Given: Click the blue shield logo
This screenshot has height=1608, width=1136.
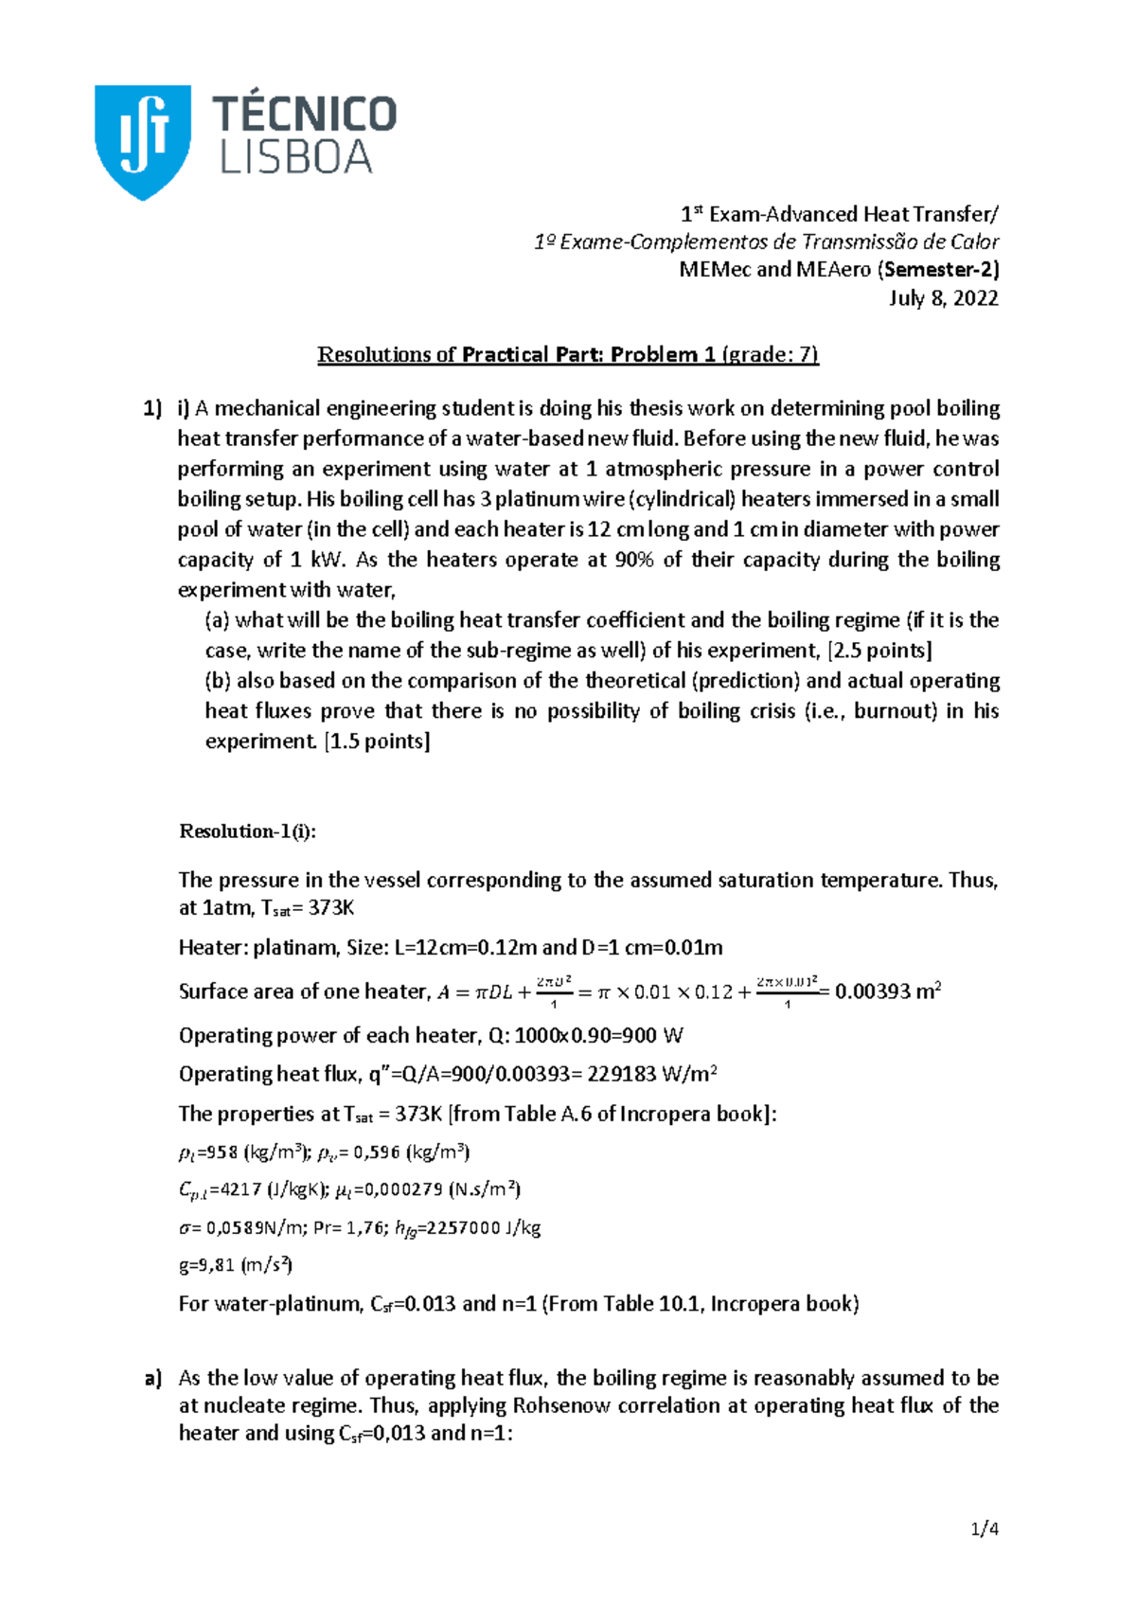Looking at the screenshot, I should [x=143, y=140].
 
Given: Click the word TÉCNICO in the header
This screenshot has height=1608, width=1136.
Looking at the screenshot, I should [x=304, y=114].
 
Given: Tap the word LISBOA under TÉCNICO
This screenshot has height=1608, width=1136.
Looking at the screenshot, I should [x=295, y=157].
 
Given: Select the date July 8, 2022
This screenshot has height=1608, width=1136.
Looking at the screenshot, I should [x=943, y=298].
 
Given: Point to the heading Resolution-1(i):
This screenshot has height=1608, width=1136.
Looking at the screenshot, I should [x=247, y=831].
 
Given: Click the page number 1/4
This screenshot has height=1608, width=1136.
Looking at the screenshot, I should [x=985, y=1528].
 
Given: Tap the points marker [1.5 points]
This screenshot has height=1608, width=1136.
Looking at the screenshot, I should [x=377, y=741].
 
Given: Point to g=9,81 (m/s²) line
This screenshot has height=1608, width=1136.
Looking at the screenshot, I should [x=236, y=1265].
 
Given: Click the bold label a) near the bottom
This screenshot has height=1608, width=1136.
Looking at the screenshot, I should [x=153, y=1379].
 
